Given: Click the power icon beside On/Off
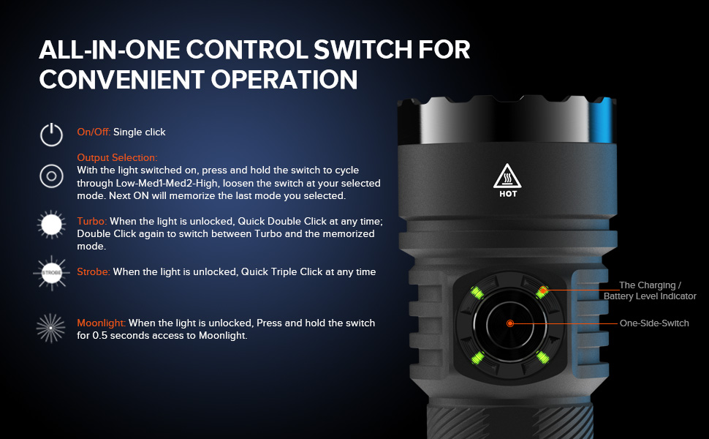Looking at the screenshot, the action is coord(52,135).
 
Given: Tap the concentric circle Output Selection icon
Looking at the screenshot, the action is coord(52,176).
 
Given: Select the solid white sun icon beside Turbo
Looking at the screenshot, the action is coord(52,225).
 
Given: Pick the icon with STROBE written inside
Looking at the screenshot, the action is coord(52,273).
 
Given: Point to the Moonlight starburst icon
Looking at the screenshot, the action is coord(50,328).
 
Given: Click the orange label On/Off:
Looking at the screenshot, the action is coord(94,132).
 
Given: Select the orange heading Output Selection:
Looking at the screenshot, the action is coord(117,157).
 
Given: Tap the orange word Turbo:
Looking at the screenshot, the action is coord(92,221).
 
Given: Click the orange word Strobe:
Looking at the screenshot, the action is coord(94,271).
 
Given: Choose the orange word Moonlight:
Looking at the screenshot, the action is coord(102,323).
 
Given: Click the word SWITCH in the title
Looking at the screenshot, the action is coord(363,49).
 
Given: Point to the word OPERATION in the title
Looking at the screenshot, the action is coord(284,79).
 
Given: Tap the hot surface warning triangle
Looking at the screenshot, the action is coord(507,176).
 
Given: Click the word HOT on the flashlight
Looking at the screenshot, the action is coord(508,194).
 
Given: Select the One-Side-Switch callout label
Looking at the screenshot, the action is coord(654,323).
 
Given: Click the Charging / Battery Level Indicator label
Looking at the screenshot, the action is coord(651,290).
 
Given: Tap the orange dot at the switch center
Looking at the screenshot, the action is coord(510,323).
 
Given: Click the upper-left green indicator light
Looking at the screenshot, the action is coord(477,293).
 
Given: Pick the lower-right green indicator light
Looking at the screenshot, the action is coord(542,358).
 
